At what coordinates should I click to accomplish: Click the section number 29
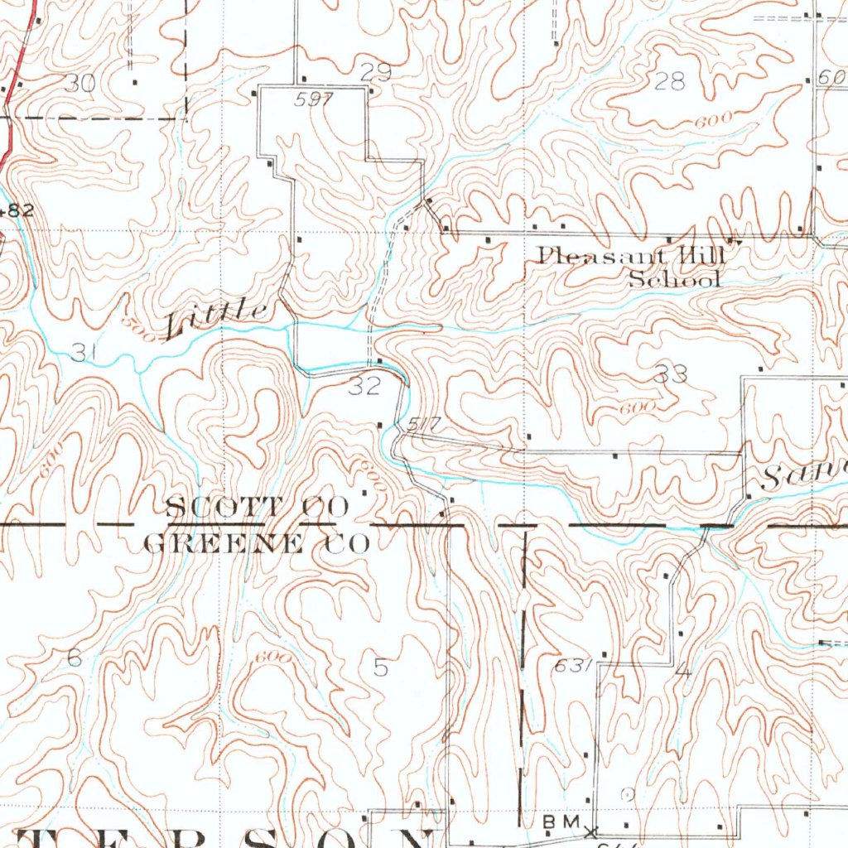click(375, 71)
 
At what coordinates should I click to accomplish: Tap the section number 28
click(670, 81)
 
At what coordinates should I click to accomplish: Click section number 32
click(364, 386)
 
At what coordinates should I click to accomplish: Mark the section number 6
click(75, 658)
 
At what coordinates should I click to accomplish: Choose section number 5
click(380, 667)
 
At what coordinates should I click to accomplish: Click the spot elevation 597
click(313, 99)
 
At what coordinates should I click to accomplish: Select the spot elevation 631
click(571, 665)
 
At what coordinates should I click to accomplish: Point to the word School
click(674, 279)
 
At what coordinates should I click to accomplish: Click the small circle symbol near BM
click(627, 793)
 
